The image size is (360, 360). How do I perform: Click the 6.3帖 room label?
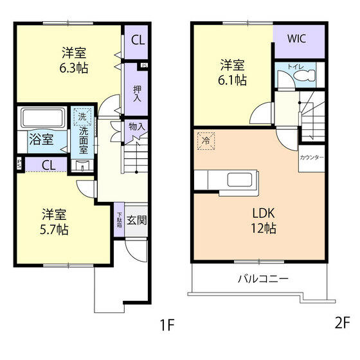(x=75, y=60)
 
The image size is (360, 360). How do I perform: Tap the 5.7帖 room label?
(x=55, y=221)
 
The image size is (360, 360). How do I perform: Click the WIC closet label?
(x=296, y=38)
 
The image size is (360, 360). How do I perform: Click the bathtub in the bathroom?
(x=43, y=118)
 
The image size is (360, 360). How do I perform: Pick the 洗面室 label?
(x=84, y=136)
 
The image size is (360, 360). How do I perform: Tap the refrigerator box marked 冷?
(x=205, y=141)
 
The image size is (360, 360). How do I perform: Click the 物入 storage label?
(x=137, y=127)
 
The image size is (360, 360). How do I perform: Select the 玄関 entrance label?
(x=136, y=221)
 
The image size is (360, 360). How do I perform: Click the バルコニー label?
(x=263, y=279)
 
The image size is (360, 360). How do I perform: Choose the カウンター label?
(x=312, y=157)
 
